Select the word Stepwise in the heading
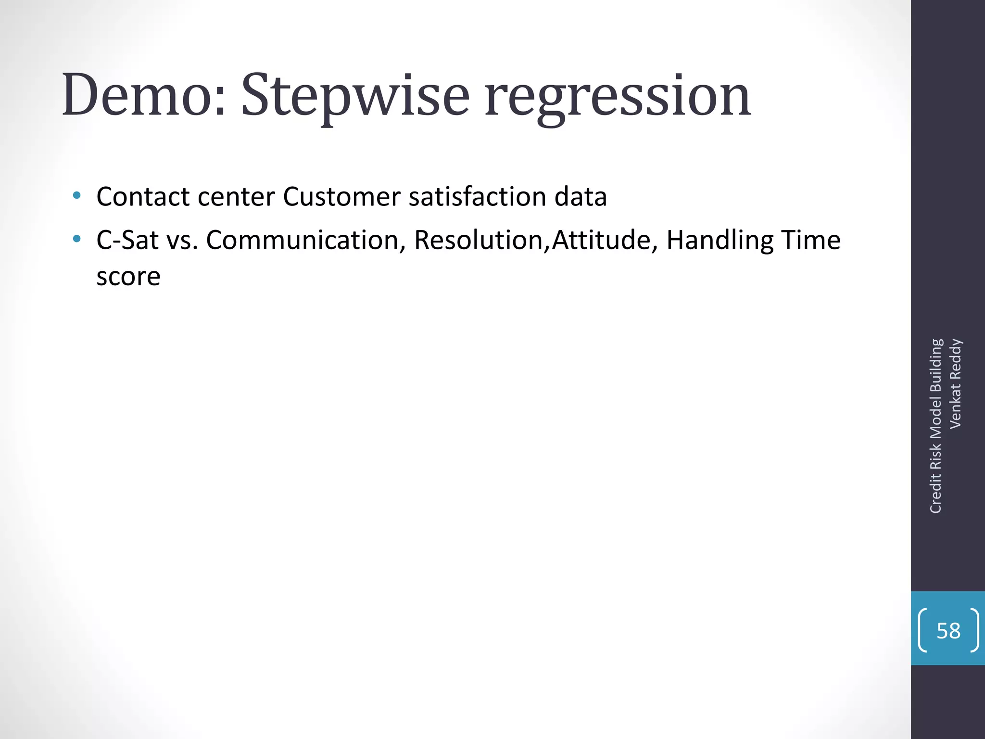point(355,95)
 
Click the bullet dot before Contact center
point(76,196)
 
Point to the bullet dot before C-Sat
point(76,239)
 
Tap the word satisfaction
point(477,197)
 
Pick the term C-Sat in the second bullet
point(127,240)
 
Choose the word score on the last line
point(128,277)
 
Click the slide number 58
point(948,631)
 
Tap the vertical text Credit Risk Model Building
point(935,426)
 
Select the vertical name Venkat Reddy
point(955,383)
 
